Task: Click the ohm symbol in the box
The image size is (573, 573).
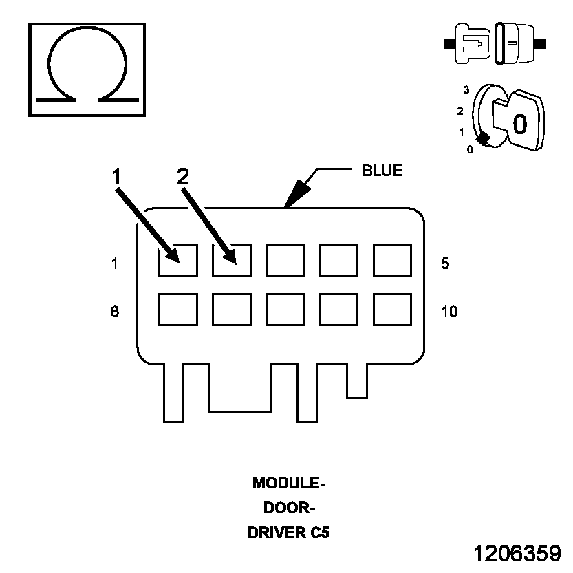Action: click(x=87, y=69)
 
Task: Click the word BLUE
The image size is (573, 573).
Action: click(x=382, y=171)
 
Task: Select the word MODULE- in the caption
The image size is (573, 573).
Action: click(x=289, y=483)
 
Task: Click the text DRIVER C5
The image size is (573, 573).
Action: click(x=289, y=532)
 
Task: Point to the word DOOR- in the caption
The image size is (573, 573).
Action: click(x=289, y=508)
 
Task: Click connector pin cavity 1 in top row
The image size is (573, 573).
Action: click(x=177, y=261)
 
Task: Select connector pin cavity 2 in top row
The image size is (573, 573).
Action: click(x=231, y=261)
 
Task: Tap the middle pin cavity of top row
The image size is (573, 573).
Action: click(x=285, y=261)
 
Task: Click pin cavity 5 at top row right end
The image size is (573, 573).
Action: click(x=392, y=261)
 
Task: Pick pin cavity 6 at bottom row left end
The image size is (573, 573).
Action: click(x=177, y=310)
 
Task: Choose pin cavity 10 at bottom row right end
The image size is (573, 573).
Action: click(x=392, y=310)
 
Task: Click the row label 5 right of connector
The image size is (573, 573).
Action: click(x=445, y=263)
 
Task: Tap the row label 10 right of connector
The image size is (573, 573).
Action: click(x=448, y=312)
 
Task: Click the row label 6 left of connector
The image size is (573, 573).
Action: click(x=114, y=312)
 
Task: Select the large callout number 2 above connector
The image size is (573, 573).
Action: click(x=182, y=177)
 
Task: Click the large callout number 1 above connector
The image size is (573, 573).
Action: click(x=117, y=177)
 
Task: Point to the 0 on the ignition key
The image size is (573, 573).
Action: click(x=520, y=124)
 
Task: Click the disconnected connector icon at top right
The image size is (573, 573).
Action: click(x=495, y=43)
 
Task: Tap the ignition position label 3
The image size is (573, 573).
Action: click(x=466, y=90)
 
